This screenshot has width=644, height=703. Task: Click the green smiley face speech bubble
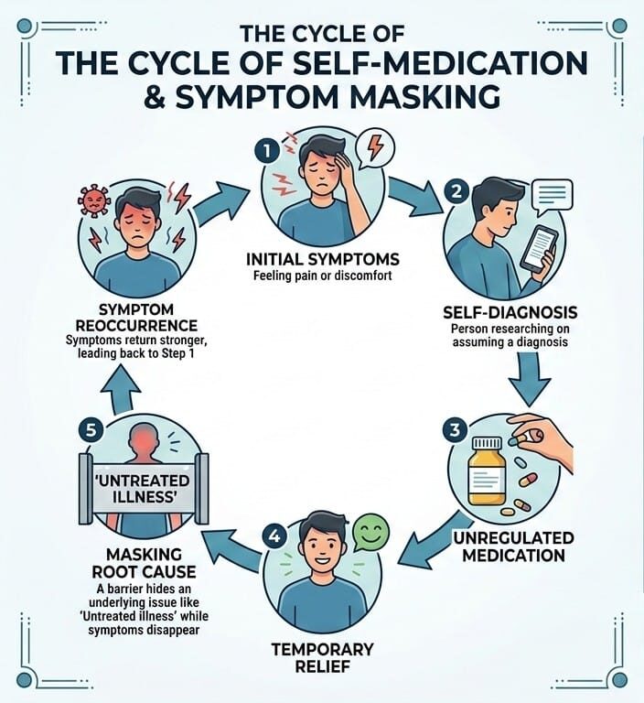click(x=369, y=534)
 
